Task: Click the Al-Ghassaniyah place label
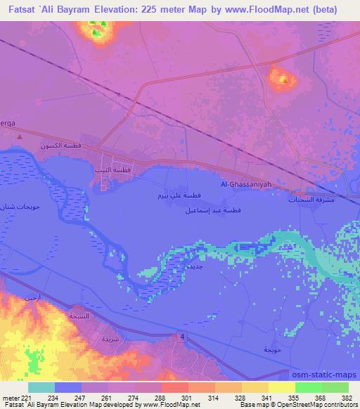click(x=245, y=184)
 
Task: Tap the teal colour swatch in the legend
click(x=41, y=387)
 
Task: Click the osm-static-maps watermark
click(x=326, y=374)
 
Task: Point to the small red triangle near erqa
click(x=20, y=137)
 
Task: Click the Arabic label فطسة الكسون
click(x=60, y=146)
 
